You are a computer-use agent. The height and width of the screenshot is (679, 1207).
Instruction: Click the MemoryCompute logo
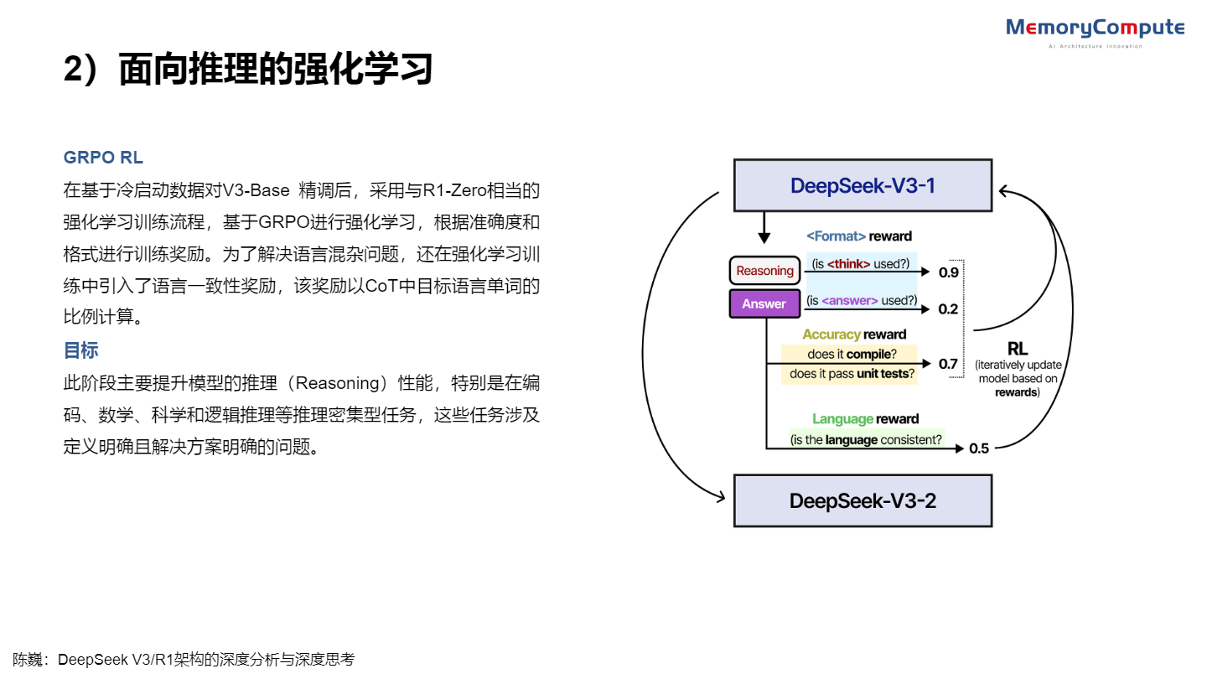(x=1095, y=29)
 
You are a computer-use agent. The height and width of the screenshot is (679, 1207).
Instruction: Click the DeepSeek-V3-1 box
(x=863, y=185)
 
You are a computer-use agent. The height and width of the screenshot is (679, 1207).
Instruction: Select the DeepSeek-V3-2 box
(x=863, y=501)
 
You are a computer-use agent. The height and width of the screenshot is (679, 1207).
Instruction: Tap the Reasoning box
(x=764, y=271)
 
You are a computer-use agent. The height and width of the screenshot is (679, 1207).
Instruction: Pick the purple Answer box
(x=764, y=303)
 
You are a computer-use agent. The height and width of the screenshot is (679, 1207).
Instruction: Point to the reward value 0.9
(x=948, y=272)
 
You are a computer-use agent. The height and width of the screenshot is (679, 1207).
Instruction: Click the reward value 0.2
(x=948, y=309)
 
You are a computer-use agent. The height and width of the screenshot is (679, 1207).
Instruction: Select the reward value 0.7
(x=948, y=364)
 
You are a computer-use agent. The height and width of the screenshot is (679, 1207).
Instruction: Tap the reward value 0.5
(x=979, y=448)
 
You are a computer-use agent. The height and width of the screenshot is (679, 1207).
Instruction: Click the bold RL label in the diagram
(x=1018, y=349)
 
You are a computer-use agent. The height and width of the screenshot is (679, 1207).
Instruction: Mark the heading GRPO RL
(x=103, y=158)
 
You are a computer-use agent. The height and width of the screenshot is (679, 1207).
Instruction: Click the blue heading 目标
(x=81, y=350)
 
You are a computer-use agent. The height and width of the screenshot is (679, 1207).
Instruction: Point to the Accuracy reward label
(x=854, y=334)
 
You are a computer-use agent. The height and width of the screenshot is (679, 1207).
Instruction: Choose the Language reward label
(x=865, y=419)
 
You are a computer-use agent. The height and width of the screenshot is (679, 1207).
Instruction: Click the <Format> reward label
(x=858, y=236)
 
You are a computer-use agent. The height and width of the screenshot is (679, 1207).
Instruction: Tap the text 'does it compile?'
(x=849, y=354)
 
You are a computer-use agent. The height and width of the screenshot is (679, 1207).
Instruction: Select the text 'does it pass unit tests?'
(x=849, y=374)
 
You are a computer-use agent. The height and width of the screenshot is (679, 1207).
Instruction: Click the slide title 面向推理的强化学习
(x=276, y=69)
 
